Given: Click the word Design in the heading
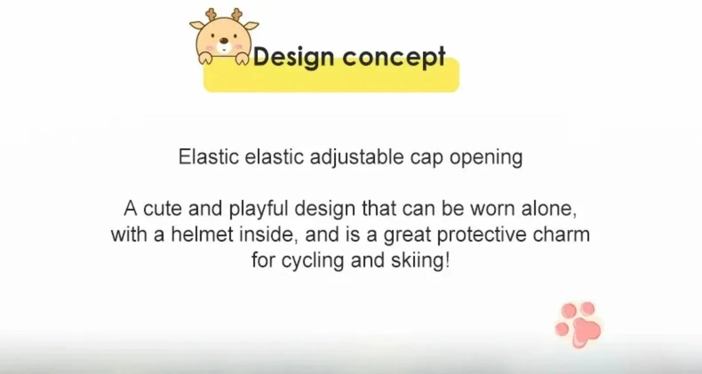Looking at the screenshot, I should click(293, 57).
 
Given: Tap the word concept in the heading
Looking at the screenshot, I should click(394, 57).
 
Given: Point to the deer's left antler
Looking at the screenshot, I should click(211, 15).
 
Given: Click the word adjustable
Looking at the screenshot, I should click(357, 158).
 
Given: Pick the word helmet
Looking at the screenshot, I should click(203, 235).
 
